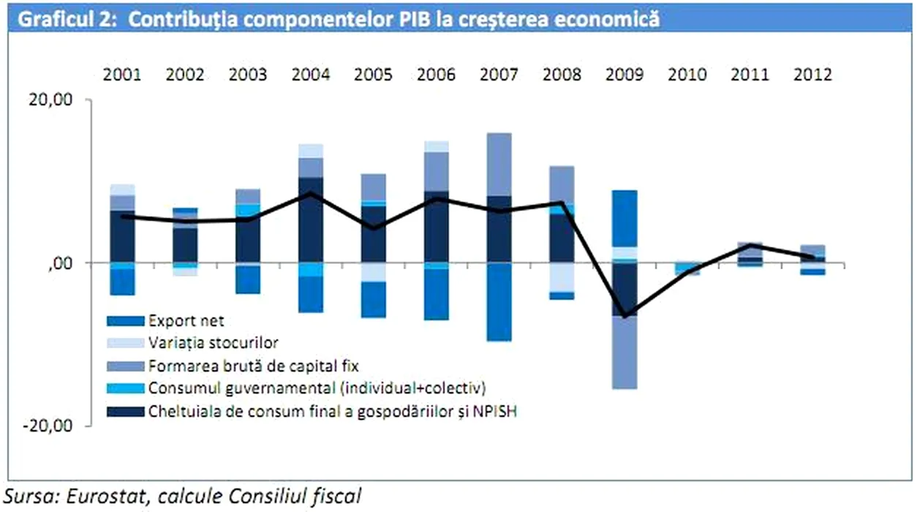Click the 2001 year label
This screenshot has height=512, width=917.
[x=122, y=75]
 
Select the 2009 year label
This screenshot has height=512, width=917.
[x=624, y=75]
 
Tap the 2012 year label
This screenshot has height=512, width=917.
[x=812, y=75]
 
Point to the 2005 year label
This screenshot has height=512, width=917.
[x=373, y=75]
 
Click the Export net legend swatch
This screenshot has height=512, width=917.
[x=124, y=320]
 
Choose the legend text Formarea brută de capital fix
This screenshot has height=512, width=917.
[x=252, y=364]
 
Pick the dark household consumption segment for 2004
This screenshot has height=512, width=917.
[x=310, y=219]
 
